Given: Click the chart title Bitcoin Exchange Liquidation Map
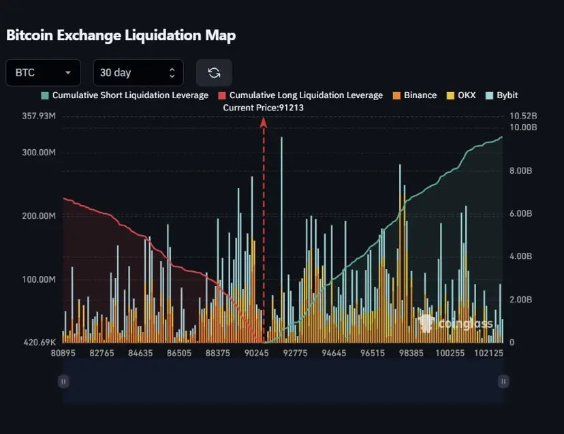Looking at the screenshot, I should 121,35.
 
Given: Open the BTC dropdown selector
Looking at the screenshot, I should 43,73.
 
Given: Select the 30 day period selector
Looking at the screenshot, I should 138,73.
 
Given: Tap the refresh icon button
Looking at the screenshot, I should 214,73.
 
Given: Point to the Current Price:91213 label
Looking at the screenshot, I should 263,108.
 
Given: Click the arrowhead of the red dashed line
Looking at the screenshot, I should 263,121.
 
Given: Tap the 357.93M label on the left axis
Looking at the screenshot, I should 40,117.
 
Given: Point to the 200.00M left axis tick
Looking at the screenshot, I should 40,216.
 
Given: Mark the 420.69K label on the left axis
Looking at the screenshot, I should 40,342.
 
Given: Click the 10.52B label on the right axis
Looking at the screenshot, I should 523,117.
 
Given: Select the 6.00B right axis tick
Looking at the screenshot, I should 521,214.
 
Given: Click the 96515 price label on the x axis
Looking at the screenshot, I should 373,354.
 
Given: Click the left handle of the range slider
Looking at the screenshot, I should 63,382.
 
